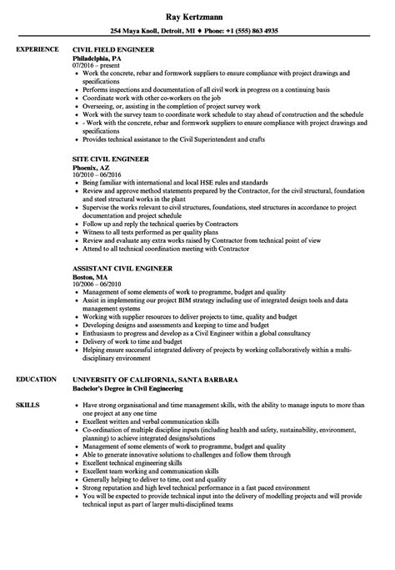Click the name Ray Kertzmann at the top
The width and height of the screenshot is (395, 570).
(x=197, y=15)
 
